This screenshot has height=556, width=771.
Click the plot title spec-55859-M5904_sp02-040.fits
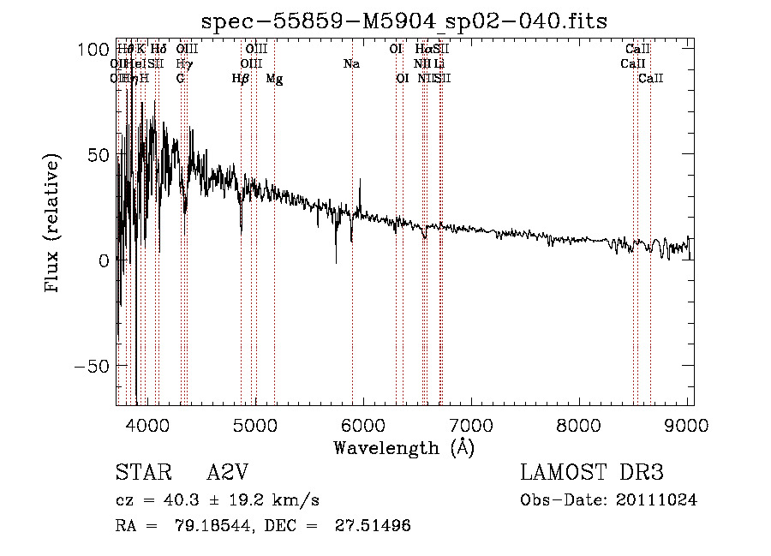(x=403, y=21)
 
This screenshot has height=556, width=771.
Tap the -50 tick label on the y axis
(x=87, y=366)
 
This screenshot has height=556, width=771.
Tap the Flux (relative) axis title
(x=53, y=224)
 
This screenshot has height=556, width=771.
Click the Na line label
(x=351, y=64)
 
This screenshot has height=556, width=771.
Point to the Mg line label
(x=274, y=79)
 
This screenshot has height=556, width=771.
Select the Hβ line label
(x=241, y=79)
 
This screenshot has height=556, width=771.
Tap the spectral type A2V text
(x=232, y=473)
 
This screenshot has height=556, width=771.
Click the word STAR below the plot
(x=137, y=473)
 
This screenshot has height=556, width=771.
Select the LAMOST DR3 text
(x=591, y=473)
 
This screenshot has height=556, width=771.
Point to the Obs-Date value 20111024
(x=657, y=500)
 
